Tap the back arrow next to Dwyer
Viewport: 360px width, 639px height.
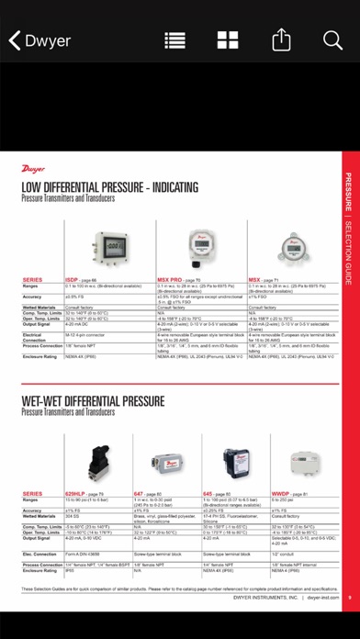[x=15, y=40]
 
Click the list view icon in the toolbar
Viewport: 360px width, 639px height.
[x=174, y=40]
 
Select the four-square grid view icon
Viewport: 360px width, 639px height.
[x=228, y=40]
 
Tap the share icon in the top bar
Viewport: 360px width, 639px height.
[x=280, y=40]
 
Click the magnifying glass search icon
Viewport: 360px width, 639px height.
[x=332, y=40]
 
